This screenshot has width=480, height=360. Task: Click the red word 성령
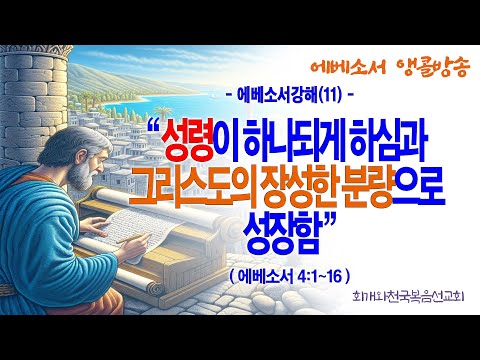pyautogui.click(x=188, y=143)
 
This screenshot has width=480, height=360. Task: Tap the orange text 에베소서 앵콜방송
pyautogui.click(x=390, y=68)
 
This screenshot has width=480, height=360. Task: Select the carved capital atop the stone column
pyautogui.click(x=37, y=52)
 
